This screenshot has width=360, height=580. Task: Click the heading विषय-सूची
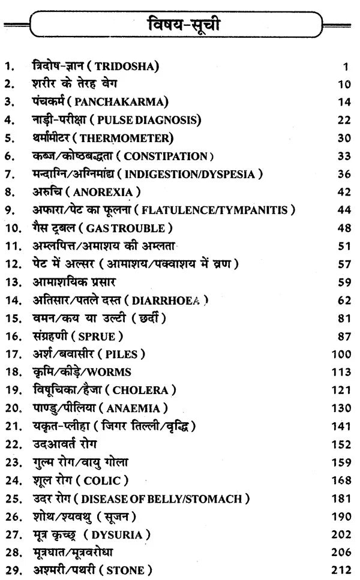(x=179, y=28)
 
